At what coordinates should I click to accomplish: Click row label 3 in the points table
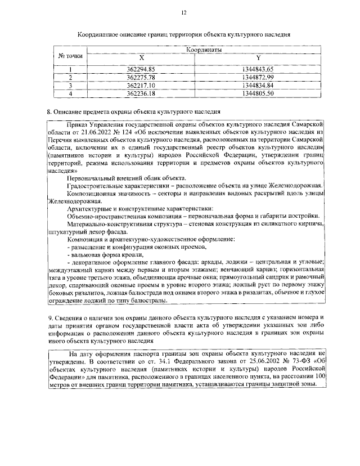tap(71, 85)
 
